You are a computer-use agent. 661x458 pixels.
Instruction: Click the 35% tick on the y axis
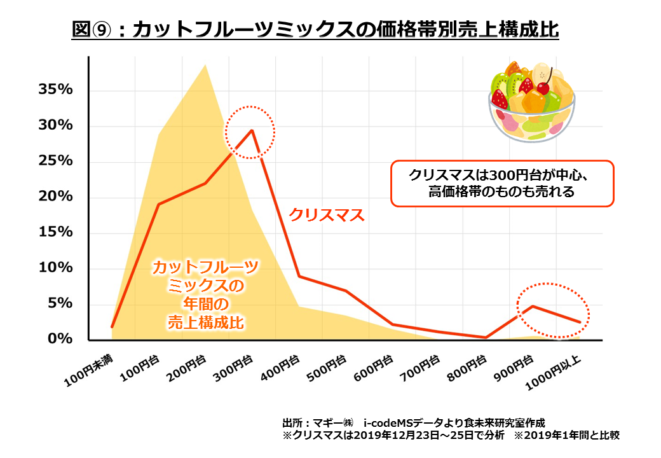coord(56,90)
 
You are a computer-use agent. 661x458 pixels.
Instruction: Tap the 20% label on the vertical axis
coord(56,197)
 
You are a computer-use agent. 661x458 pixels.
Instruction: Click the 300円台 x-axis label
coord(233,368)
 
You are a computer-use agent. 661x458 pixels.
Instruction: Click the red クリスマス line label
coord(327,216)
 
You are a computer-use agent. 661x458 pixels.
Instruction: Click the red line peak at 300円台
coord(252,130)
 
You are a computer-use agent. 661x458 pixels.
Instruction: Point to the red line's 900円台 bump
coord(533,307)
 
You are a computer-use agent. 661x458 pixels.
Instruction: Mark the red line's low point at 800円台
coord(486,337)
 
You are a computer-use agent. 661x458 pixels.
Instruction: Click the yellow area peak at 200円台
coord(205,65)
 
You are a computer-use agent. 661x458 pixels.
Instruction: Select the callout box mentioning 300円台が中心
coord(501,183)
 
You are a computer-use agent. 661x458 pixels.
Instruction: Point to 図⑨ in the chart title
coord(90,31)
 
